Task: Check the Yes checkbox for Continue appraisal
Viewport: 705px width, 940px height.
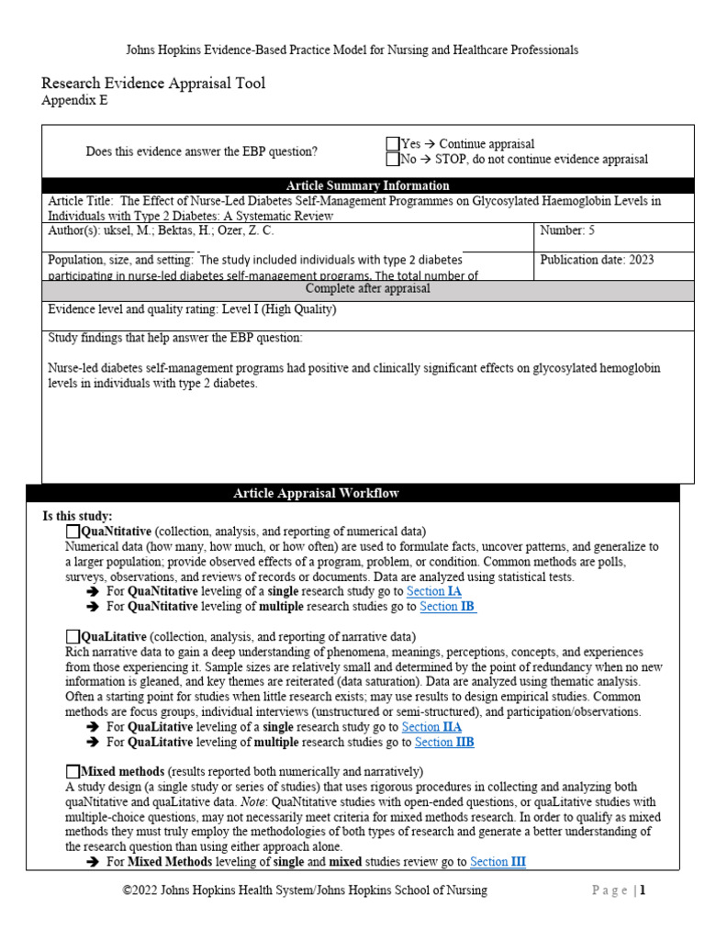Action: coord(393,144)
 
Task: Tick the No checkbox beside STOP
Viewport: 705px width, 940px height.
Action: coord(393,159)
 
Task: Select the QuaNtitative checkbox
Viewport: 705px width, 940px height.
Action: coord(73,532)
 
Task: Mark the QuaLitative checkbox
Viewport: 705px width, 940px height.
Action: coord(73,636)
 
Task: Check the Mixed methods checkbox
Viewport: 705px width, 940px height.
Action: coord(73,771)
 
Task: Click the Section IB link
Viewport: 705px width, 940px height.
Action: coord(447,607)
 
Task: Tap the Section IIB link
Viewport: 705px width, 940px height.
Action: coord(444,742)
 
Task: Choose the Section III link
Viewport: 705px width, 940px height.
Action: coord(498,862)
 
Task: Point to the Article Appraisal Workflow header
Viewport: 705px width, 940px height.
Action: coord(316,493)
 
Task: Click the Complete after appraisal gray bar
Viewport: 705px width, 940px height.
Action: coord(366,288)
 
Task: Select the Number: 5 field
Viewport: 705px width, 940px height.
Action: coord(567,231)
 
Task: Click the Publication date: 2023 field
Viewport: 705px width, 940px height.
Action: coord(597,260)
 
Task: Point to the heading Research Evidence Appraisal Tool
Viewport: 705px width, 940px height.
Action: coord(153,84)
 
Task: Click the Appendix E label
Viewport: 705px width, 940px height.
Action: coord(74,101)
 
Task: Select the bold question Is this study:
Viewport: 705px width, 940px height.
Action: coord(78,517)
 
